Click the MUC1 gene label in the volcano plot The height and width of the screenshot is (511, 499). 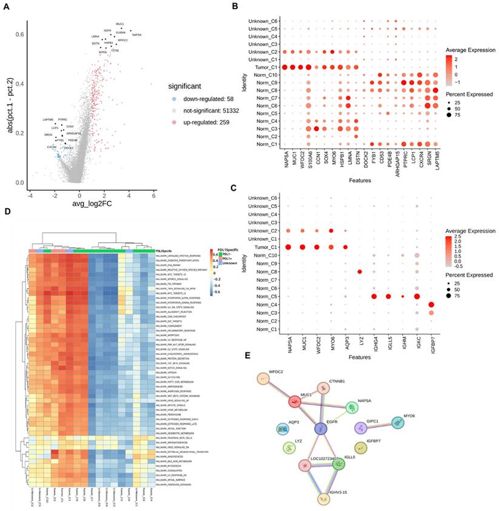click(119, 24)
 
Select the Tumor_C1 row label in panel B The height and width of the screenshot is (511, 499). click(267, 67)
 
